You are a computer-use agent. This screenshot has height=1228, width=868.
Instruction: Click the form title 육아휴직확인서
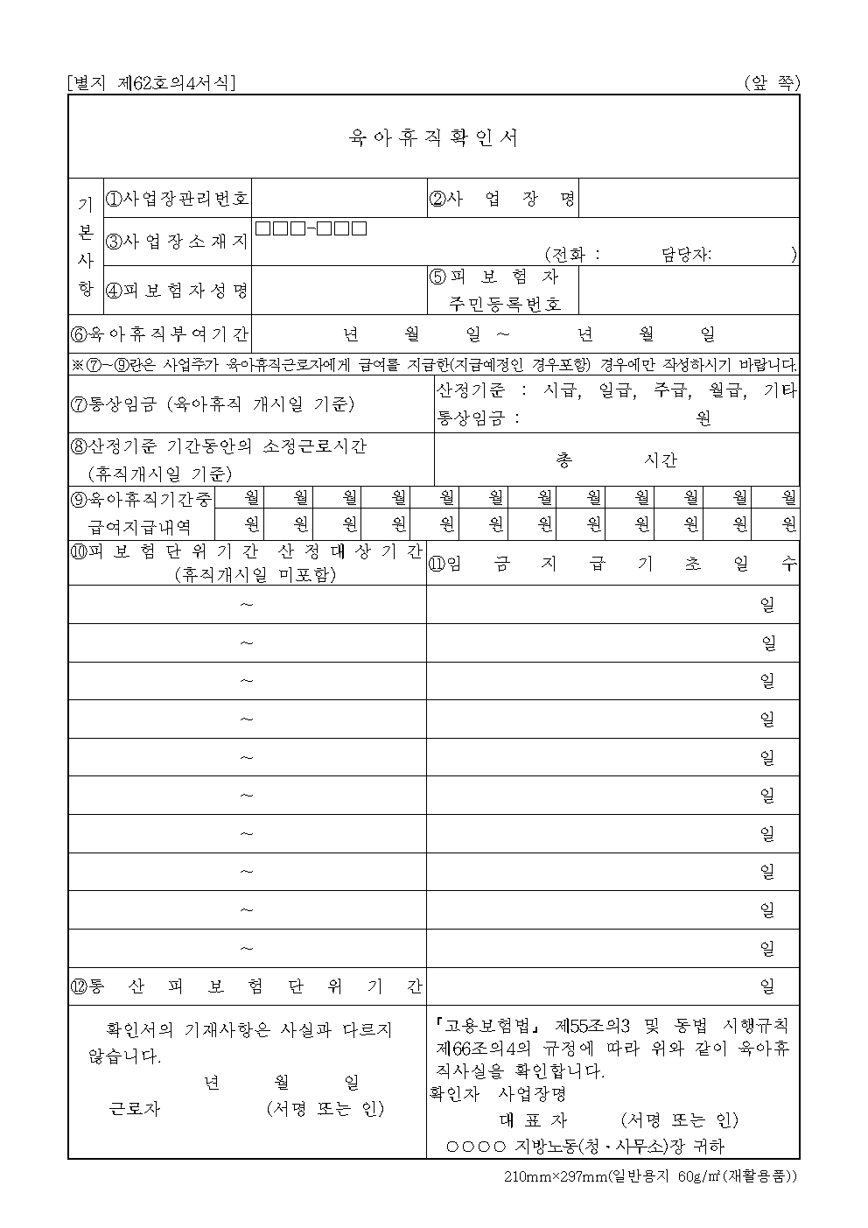click(433, 137)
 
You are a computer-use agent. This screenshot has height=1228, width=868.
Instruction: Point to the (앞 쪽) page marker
click(772, 83)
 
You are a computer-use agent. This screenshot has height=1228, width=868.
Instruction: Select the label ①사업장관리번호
click(178, 199)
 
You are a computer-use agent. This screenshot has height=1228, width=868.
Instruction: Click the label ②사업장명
click(502, 199)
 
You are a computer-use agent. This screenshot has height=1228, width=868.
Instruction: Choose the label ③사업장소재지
click(178, 242)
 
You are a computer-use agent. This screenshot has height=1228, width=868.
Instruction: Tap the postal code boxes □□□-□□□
click(311, 229)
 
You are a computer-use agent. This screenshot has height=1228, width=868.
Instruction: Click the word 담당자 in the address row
click(686, 255)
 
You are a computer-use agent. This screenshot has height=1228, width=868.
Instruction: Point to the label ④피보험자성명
click(178, 291)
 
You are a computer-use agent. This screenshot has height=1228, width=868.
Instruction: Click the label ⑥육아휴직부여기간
click(159, 334)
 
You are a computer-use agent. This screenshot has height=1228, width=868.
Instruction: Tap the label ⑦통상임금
click(212, 404)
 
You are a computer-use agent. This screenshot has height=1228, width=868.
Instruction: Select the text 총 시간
click(616, 460)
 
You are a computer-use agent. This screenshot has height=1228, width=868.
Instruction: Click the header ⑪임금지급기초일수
click(612, 565)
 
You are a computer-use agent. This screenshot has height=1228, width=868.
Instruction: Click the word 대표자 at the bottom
click(533, 1120)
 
